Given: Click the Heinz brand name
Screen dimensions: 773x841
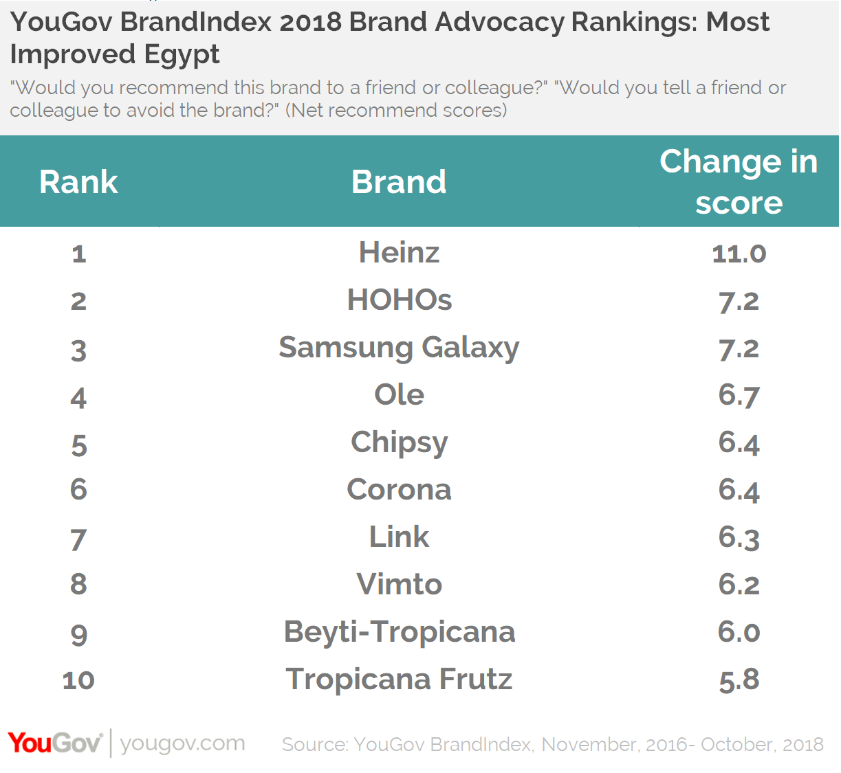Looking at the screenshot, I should click(x=399, y=252).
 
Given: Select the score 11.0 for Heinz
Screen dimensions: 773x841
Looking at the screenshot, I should click(x=739, y=254).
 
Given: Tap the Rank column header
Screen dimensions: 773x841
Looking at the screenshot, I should click(x=78, y=182).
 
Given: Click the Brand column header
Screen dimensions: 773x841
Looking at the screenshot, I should click(x=399, y=182).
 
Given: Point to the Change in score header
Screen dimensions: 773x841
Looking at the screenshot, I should click(x=739, y=182).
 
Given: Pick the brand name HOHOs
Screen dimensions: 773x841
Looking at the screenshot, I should click(x=399, y=300).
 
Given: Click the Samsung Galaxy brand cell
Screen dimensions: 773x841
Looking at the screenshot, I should click(x=399, y=348).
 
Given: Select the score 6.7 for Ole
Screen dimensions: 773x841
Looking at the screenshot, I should click(x=739, y=395).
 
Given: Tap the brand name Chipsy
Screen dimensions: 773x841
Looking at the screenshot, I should click(x=399, y=442).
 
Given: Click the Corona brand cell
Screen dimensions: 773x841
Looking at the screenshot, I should click(x=399, y=490).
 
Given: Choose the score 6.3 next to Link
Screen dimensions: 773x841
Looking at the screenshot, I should click(x=739, y=537).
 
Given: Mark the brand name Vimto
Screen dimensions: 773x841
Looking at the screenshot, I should click(x=399, y=585).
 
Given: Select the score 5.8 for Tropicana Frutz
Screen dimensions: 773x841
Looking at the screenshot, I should click(x=739, y=680).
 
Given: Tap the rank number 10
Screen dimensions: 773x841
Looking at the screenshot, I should click(x=78, y=680).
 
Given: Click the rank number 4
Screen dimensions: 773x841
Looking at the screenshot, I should click(x=78, y=398).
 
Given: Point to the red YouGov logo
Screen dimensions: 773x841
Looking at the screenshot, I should click(x=55, y=743).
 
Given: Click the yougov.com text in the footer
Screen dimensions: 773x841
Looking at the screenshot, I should click(x=182, y=743).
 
